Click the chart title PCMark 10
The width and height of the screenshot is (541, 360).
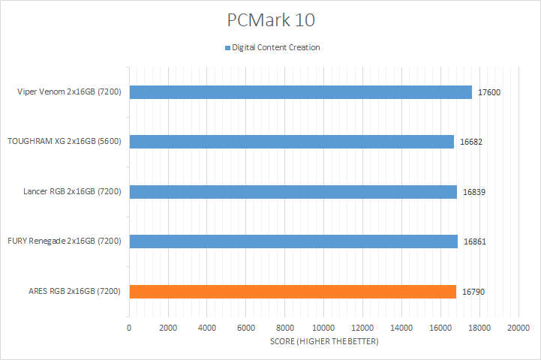(x=270, y=19)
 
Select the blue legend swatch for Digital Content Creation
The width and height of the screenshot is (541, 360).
(x=227, y=48)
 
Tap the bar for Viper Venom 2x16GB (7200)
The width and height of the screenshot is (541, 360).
(x=300, y=92)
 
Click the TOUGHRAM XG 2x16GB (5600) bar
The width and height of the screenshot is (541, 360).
(x=291, y=141)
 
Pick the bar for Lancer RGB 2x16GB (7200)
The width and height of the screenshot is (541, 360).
(x=293, y=191)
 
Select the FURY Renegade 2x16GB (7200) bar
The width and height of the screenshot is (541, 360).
(x=293, y=241)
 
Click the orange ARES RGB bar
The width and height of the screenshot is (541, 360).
(x=292, y=292)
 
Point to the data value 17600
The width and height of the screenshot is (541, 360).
(x=488, y=92)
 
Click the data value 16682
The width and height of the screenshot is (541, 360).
(x=470, y=141)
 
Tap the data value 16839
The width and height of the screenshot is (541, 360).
(x=473, y=191)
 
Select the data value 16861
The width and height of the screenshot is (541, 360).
(x=474, y=241)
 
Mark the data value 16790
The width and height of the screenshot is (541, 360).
(x=473, y=292)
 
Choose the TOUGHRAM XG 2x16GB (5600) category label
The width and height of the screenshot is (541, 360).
(x=65, y=141)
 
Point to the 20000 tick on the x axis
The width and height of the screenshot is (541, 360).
(x=518, y=328)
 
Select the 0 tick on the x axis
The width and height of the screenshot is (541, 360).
(x=129, y=328)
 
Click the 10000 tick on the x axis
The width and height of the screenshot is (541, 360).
(x=323, y=328)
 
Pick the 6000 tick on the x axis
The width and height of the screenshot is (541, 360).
(x=246, y=328)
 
